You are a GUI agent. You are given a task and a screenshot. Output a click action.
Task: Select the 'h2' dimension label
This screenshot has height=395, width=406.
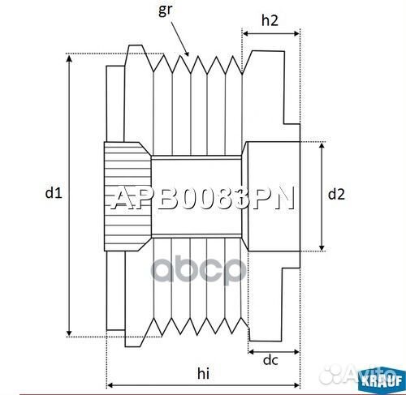[271, 22]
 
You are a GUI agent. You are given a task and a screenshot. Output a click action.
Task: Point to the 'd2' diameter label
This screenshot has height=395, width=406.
[336, 194]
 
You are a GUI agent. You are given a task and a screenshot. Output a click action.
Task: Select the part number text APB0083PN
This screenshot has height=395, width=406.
[202, 200]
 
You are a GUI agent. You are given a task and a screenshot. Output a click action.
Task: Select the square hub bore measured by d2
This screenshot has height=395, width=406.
[272, 195]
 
